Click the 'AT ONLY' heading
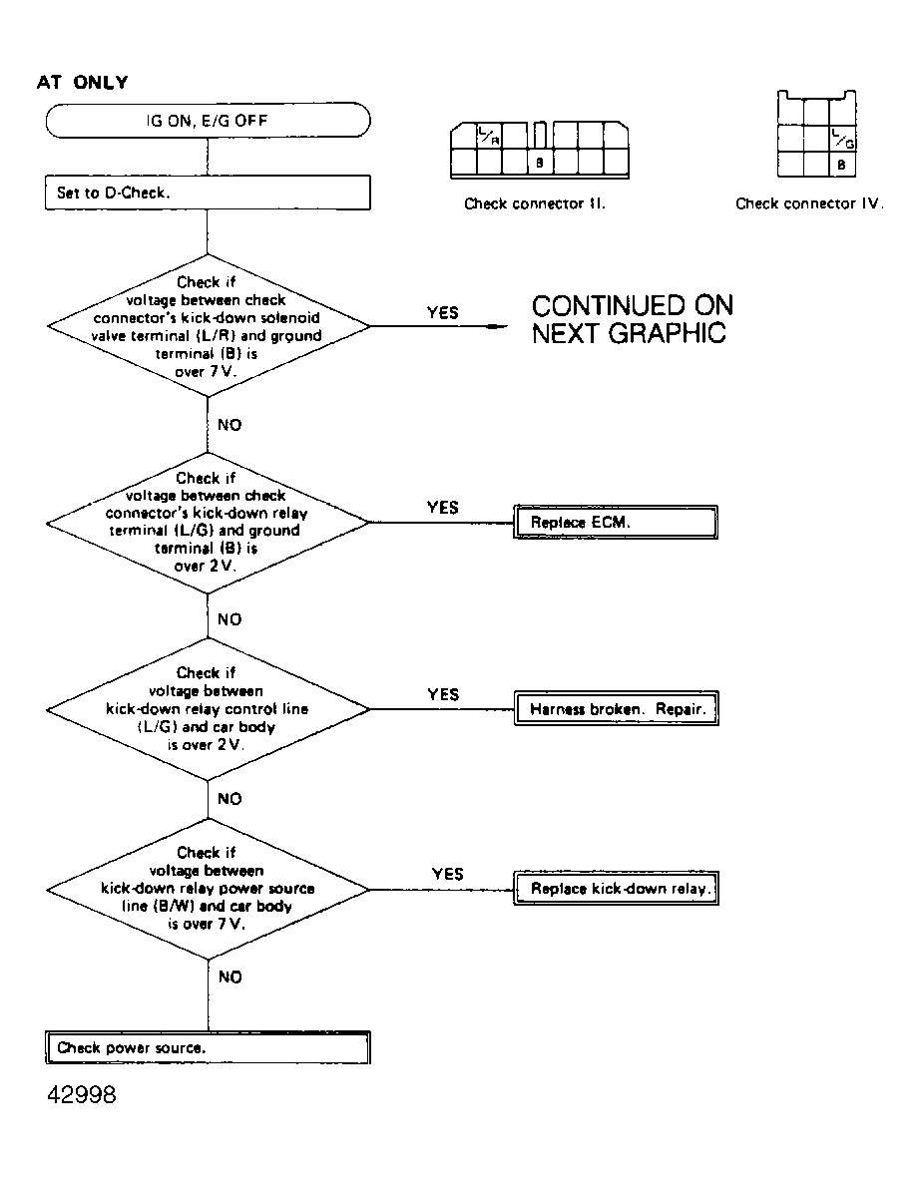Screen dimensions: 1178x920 pyautogui.click(x=82, y=83)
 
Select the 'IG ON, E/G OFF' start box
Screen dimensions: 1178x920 pyautogui.click(x=208, y=122)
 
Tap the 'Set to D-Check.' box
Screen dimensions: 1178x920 pyautogui.click(x=208, y=194)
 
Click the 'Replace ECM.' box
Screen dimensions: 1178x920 pyautogui.click(x=616, y=523)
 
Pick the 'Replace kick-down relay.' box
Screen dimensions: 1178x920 pyautogui.click(x=616, y=889)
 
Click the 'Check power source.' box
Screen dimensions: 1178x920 pyautogui.click(x=209, y=1048)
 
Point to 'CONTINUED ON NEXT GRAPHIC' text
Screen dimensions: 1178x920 pyautogui.click(x=632, y=319)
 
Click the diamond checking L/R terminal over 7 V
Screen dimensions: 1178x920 pyautogui.click(x=208, y=326)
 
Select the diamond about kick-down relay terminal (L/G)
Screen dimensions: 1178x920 pyautogui.click(x=208, y=522)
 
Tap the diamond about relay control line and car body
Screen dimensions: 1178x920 pyautogui.click(x=208, y=709)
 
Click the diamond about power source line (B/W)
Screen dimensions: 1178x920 pyautogui.click(x=208, y=888)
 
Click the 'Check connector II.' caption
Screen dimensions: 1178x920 pyautogui.click(x=535, y=203)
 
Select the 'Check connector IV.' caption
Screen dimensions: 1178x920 pyautogui.click(x=809, y=203)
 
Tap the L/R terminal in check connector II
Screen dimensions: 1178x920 pyautogui.click(x=489, y=135)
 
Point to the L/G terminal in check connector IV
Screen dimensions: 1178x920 pyautogui.click(x=842, y=137)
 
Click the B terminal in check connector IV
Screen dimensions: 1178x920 pyautogui.click(x=842, y=165)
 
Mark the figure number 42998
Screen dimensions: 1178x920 pyautogui.click(x=81, y=1095)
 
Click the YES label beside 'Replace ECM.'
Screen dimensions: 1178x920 pyautogui.click(x=443, y=508)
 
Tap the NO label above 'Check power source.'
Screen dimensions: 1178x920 pyautogui.click(x=230, y=978)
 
